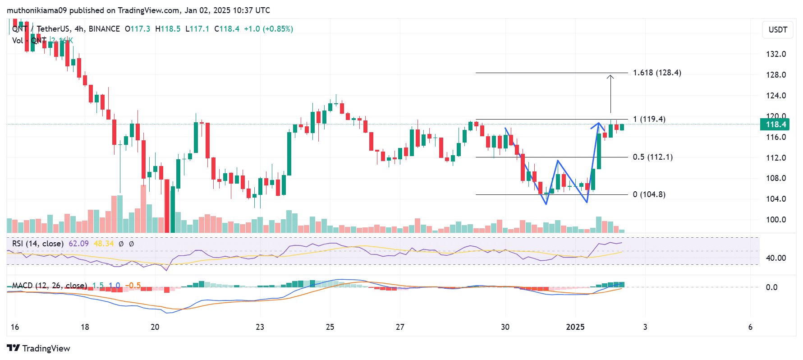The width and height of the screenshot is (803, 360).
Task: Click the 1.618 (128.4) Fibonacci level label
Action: [656, 73]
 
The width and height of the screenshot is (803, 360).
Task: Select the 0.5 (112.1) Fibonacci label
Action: [652, 157]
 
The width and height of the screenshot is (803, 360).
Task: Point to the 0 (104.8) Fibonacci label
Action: [649, 194]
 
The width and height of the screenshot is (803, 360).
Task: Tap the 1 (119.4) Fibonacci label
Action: [649, 119]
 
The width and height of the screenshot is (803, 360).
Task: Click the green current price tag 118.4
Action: [775, 125]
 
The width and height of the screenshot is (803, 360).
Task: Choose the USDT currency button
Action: [778, 30]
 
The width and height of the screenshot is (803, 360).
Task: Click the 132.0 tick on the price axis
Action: [776, 54]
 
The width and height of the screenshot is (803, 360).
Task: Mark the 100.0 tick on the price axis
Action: [776, 220]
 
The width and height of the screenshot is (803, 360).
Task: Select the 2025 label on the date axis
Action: [575, 327]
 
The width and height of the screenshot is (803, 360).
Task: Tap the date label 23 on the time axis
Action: [260, 327]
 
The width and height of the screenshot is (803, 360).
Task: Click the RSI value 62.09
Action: [78, 244]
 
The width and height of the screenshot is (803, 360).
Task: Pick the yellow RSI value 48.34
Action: [104, 244]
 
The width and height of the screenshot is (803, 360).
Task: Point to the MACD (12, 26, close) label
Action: [49, 286]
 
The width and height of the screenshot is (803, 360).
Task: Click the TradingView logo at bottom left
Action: [39, 348]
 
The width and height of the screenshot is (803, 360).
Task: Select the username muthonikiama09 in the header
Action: [37, 10]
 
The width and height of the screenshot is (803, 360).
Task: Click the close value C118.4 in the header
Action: [227, 29]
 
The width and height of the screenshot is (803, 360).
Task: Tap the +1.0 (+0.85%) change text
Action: [268, 29]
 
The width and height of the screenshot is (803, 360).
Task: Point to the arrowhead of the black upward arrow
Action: [610, 76]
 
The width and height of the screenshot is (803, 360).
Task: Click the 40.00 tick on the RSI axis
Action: [775, 258]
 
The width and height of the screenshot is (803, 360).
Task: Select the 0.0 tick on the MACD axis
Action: [771, 287]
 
